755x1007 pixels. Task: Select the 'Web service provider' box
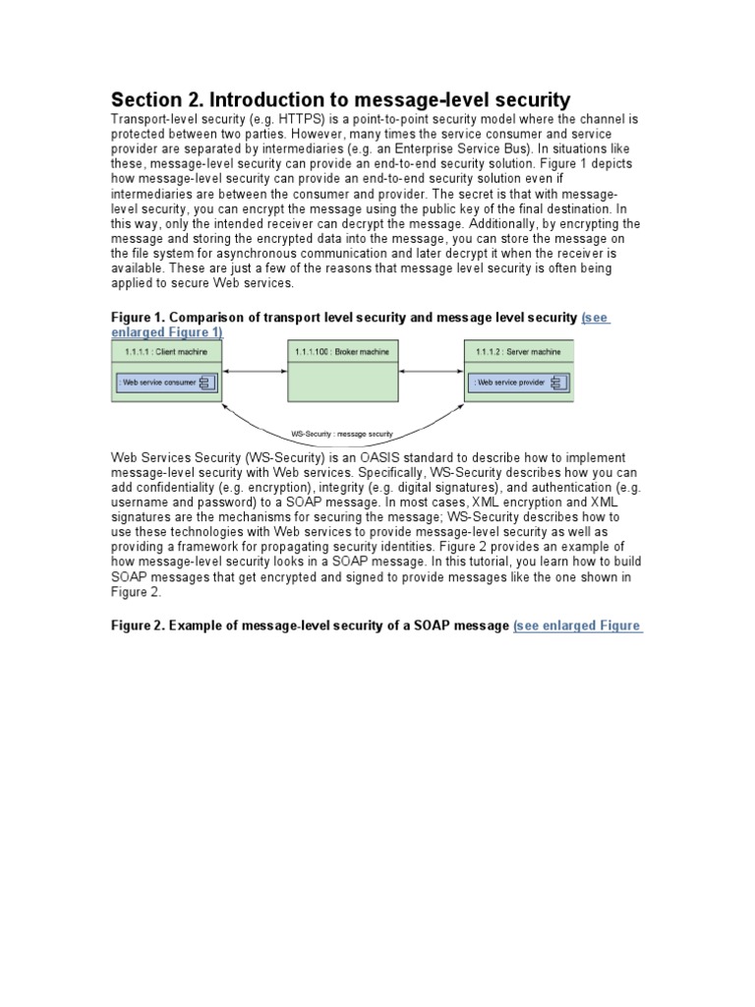pyautogui.click(x=517, y=383)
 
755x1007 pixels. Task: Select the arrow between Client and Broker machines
pyautogui.click(x=256, y=371)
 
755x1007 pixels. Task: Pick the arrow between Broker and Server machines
pyautogui.click(x=430, y=371)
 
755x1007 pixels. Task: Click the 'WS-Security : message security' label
pyautogui.click(x=342, y=433)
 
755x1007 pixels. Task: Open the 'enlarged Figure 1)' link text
pyautogui.click(x=166, y=332)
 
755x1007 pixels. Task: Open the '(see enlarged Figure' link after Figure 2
pyautogui.click(x=578, y=625)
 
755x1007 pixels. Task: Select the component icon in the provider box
pyautogui.click(x=556, y=383)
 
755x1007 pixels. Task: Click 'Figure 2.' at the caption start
pyautogui.click(x=140, y=625)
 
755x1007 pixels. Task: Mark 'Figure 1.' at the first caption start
pyautogui.click(x=140, y=318)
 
